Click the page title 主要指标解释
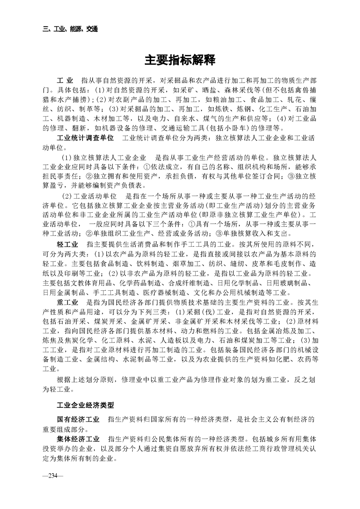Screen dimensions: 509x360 180,60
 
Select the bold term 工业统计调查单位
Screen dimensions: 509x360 85,137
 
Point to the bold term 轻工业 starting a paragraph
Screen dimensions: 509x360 66,244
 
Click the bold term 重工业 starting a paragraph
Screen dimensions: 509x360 66,301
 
